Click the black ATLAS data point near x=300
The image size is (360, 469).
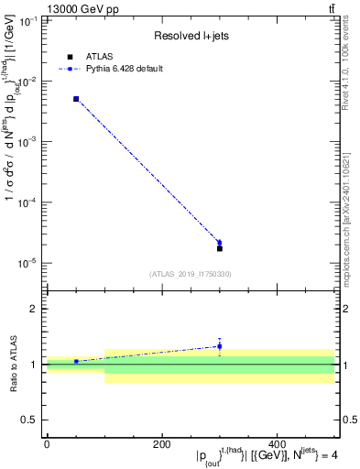tap(219, 248)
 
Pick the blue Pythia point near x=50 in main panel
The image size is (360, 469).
tap(76, 99)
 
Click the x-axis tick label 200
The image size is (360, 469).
tap(162, 444)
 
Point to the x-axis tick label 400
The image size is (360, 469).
tap(278, 444)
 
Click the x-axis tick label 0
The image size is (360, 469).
tap(47, 444)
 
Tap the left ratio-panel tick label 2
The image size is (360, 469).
tap(33, 309)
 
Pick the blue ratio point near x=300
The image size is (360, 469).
tap(219, 346)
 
